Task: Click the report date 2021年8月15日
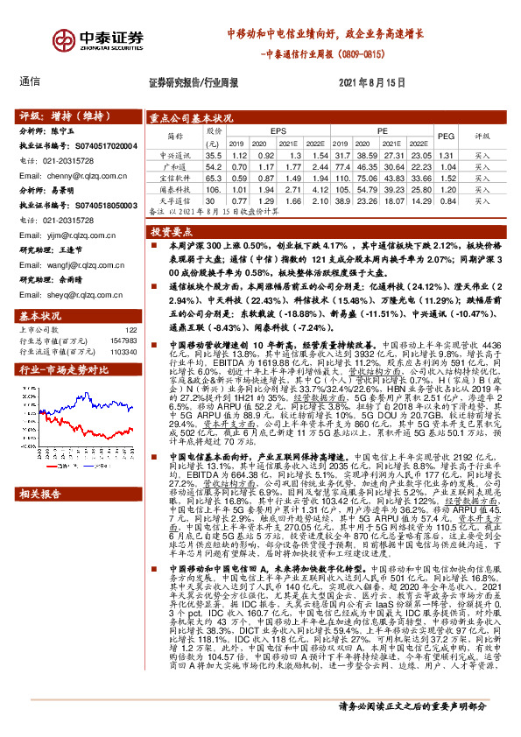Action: (371, 82)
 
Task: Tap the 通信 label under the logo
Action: (29, 81)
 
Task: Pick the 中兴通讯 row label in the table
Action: (174, 153)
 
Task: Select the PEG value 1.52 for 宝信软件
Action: (446, 177)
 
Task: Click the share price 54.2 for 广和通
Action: (214, 165)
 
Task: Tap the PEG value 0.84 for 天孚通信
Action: (446, 200)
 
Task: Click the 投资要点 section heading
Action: (170, 232)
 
